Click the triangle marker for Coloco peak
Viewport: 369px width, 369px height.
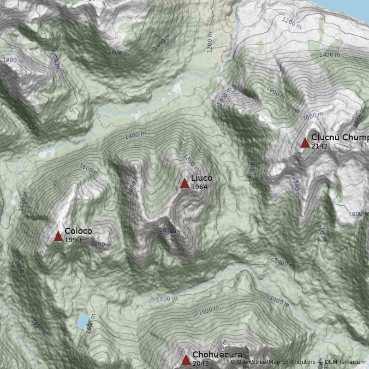point(58,237)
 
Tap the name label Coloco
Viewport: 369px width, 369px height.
point(78,231)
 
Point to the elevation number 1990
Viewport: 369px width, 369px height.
point(72,240)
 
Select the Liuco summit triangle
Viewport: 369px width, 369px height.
point(184,184)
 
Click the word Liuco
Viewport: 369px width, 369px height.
point(202,178)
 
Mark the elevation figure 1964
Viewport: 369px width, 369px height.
point(199,187)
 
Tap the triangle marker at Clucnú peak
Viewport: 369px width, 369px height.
point(305,143)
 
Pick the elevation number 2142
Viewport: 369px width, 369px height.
point(319,147)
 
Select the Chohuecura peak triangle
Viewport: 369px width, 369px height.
point(186,360)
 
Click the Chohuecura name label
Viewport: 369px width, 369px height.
point(217,355)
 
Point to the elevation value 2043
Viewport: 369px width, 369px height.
point(200,363)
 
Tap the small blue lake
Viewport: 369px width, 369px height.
point(83,321)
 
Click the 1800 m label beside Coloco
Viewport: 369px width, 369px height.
point(101,244)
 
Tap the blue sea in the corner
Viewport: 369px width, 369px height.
point(355,6)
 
